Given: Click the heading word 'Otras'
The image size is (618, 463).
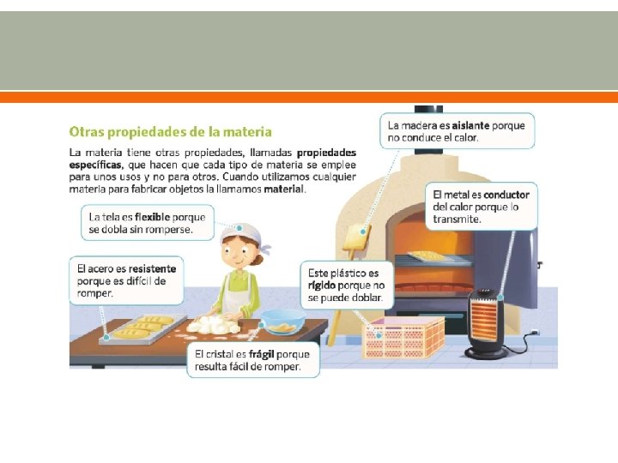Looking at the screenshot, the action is (87, 131).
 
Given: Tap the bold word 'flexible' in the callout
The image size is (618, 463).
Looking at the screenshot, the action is (152, 217).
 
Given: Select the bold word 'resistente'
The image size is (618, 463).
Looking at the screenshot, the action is (152, 269).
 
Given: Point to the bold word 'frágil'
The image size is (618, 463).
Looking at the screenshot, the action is (261, 354).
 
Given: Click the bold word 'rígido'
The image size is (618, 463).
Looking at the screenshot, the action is (322, 286).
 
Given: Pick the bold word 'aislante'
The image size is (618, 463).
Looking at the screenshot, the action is (470, 125).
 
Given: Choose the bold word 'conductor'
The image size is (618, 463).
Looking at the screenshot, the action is (506, 195).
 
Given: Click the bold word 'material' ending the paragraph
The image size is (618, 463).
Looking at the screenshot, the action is (284, 189).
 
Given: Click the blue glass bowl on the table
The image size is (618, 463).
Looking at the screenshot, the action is (282, 321).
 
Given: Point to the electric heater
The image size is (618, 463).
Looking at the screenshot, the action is (487, 323).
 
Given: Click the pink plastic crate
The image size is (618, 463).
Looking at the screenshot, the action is (403, 338).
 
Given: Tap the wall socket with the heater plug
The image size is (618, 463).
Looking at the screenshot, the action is (535, 333).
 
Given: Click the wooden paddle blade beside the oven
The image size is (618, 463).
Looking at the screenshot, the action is (357, 237).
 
